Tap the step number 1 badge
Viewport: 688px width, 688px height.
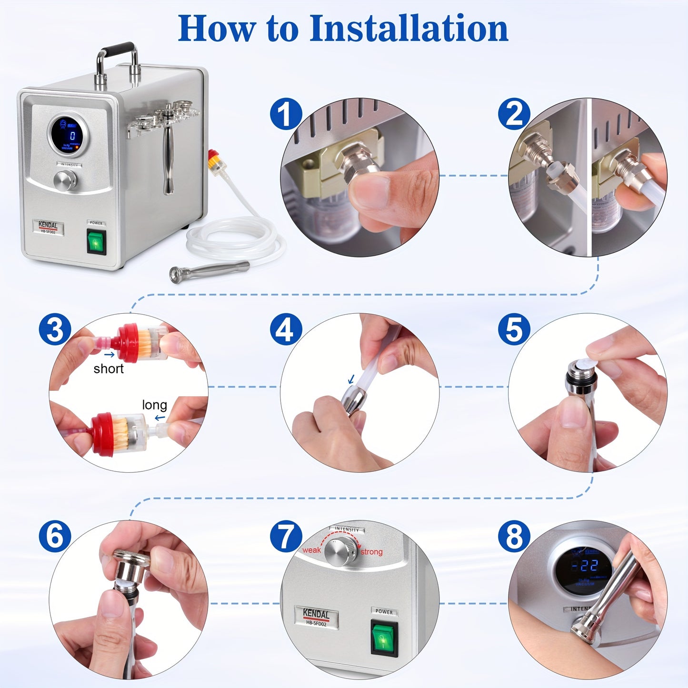(286, 115)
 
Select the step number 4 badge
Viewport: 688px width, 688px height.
(286, 329)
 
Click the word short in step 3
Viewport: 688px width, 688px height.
(109, 369)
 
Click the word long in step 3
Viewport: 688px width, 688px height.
(154, 405)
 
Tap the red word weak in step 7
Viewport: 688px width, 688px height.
(311, 550)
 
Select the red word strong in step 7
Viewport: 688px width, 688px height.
(371, 552)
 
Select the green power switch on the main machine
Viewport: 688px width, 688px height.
(96, 242)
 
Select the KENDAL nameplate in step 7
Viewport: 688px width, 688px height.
(316, 617)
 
